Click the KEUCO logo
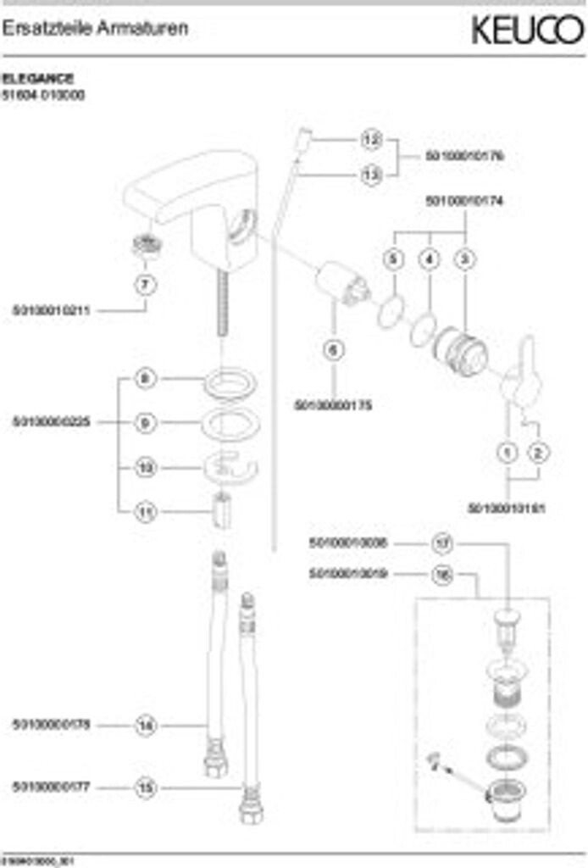527,31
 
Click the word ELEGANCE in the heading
37,79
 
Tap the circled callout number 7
146,285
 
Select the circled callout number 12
371,138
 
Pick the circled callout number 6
333,348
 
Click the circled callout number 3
464,259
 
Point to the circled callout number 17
442,542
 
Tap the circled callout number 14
146,726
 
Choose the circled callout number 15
146,788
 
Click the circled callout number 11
146,512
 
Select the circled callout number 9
146,422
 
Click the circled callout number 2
537,453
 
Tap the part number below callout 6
333,405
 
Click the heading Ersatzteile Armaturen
95,29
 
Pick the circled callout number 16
442,575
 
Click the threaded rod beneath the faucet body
225,305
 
